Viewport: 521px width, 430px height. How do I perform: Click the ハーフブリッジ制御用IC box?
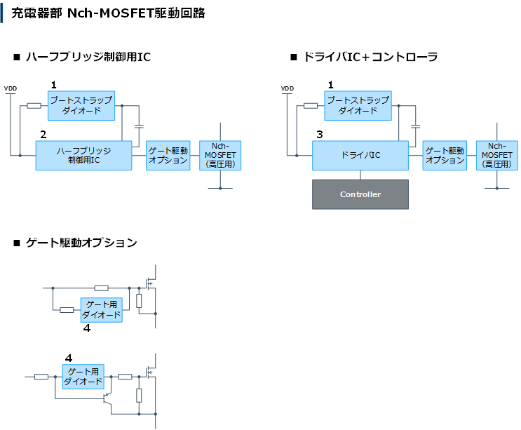(x=83, y=155)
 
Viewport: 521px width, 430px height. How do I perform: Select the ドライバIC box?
(x=360, y=155)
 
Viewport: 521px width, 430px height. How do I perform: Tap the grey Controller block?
(x=360, y=194)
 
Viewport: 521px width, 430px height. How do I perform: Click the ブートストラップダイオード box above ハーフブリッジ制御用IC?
(x=81, y=105)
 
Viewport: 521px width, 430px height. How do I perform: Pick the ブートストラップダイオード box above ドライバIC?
(x=358, y=105)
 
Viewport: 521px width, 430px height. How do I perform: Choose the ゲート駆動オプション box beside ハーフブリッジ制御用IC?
(x=168, y=155)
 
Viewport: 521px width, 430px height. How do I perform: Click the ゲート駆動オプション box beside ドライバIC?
(x=445, y=155)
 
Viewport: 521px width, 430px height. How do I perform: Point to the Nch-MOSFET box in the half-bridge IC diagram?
(x=220, y=155)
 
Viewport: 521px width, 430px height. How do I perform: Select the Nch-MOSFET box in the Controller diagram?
(x=496, y=155)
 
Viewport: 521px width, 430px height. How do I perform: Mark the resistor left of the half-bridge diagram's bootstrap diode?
(x=33, y=106)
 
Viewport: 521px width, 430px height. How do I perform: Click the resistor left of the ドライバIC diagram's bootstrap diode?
(x=311, y=106)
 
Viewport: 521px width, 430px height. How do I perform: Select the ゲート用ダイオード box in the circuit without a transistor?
(x=102, y=310)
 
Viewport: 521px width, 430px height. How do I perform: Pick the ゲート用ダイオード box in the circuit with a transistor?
(x=83, y=377)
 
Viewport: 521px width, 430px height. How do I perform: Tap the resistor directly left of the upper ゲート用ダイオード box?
(x=67, y=310)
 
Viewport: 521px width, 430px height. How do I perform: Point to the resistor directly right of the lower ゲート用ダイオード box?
(x=125, y=377)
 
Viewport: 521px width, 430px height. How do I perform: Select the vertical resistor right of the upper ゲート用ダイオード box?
(x=139, y=301)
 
